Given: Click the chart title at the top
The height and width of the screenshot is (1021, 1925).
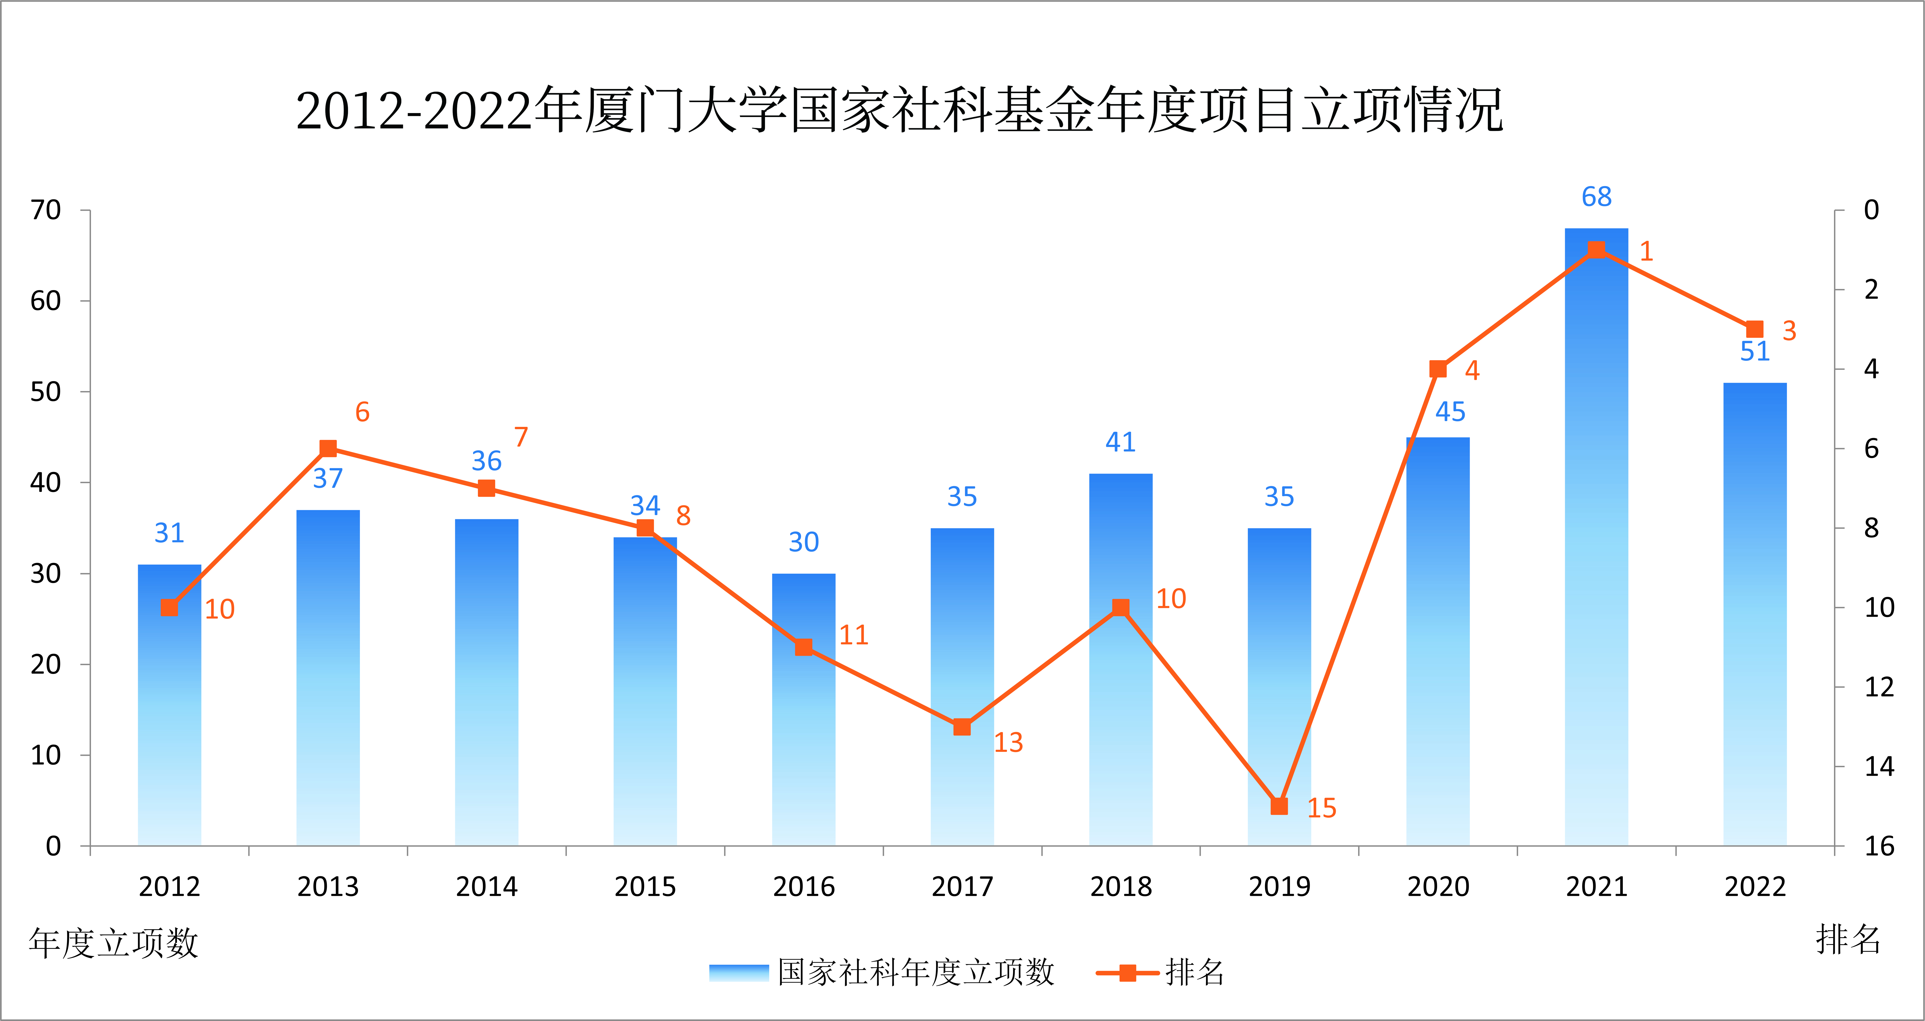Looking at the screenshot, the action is pyautogui.click(x=899, y=110).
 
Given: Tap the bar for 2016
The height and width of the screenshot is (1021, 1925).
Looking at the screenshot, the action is pyautogui.click(x=803, y=710).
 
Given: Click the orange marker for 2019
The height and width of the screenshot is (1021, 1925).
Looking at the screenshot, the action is pyautogui.click(x=1279, y=807).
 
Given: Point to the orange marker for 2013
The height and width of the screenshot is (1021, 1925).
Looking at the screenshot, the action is pyautogui.click(x=328, y=448).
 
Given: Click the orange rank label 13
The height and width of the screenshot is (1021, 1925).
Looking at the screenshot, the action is pyautogui.click(x=1008, y=742).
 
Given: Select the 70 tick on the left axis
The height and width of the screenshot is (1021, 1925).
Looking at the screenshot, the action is pyautogui.click(x=46, y=210).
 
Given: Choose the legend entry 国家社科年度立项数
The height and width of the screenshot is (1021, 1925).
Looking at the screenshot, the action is pyautogui.click(x=882, y=972).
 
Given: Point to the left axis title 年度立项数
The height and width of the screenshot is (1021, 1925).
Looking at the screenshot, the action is pyautogui.click(x=114, y=943).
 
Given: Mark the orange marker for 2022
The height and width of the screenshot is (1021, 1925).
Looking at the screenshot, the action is pyautogui.click(x=1755, y=329).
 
